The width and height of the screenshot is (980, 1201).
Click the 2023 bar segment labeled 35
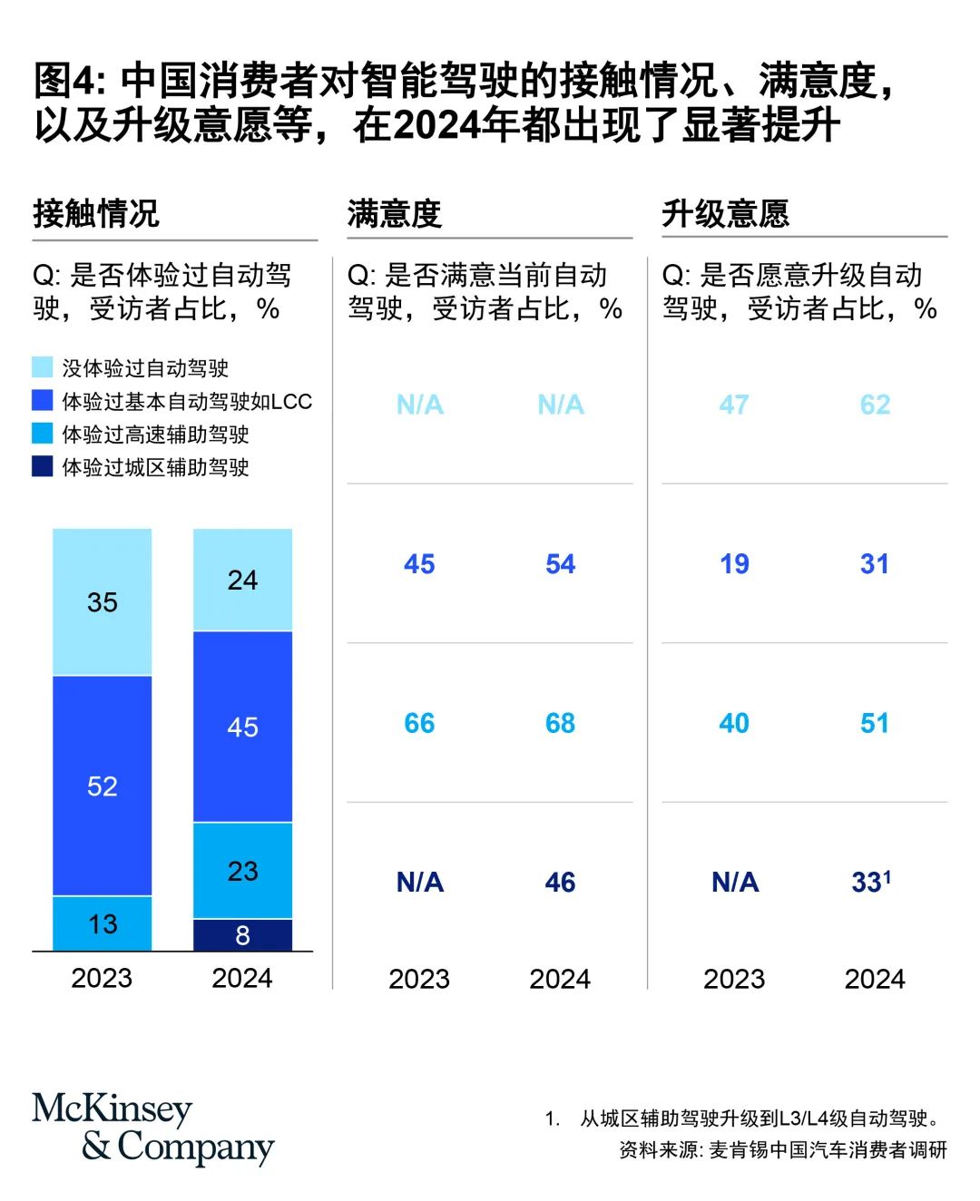pos(102,602)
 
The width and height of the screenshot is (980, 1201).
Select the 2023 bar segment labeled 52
pos(102,786)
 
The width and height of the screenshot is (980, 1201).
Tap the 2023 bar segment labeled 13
pos(102,923)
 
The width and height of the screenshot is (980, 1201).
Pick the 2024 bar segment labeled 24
pos(242,580)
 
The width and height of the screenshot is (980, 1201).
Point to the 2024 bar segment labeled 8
pos(242,935)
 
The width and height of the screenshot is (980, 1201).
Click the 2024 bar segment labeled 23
pos(242,871)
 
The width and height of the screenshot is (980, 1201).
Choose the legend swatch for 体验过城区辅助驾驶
pos(43,467)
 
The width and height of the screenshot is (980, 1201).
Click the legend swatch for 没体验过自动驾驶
pos(43,367)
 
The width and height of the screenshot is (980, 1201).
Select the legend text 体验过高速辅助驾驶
pos(155,435)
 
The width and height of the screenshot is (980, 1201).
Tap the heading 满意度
pos(394,214)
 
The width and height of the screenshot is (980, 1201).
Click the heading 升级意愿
pos(725,214)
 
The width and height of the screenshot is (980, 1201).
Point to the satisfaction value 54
pos(560,564)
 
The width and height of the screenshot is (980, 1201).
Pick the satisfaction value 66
pos(419,723)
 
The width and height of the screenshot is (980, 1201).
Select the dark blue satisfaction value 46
pos(560,883)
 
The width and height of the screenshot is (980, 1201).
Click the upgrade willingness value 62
pos(875,405)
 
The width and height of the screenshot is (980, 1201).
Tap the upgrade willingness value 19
pos(734,564)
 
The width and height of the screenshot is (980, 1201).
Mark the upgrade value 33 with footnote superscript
pos(871,883)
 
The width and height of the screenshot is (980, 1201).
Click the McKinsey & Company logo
pos(152,1128)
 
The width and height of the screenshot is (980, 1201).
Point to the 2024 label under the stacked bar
pos(242,979)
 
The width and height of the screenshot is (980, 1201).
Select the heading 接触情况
pos(96,214)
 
